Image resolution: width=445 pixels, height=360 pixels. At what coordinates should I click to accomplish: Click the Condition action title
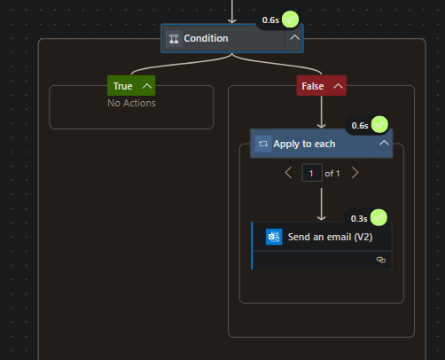click(x=206, y=38)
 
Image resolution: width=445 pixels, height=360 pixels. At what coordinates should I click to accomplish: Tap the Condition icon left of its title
click(x=174, y=38)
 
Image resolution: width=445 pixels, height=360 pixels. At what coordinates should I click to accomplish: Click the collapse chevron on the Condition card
click(x=293, y=38)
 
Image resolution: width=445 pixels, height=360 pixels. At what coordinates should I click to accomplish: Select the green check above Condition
click(x=290, y=20)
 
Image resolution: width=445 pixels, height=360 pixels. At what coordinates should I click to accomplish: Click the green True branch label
click(x=123, y=86)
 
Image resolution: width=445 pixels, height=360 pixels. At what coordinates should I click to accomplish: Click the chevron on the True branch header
click(x=146, y=86)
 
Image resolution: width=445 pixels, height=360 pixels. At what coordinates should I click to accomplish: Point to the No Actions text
click(x=131, y=102)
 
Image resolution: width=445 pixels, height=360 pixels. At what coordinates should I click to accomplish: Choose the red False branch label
click(x=313, y=86)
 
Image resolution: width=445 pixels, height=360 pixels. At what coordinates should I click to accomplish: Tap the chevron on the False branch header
click(x=337, y=86)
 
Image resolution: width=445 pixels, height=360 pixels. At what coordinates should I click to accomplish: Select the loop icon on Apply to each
click(x=263, y=143)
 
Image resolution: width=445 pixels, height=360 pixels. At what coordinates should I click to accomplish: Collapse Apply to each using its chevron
click(x=383, y=143)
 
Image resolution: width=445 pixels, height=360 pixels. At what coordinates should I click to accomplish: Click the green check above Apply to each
click(x=379, y=124)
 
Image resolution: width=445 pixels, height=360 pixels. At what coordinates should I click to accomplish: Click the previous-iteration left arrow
click(x=288, y=173)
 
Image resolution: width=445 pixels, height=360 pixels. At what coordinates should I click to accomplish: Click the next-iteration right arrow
click(x=355, y=173)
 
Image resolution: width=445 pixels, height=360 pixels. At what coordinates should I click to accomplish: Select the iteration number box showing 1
click(x=311, y=173)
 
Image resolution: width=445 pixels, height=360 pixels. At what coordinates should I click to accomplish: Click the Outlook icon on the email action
click(x=274, y=237)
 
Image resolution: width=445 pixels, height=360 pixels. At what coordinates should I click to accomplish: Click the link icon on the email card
click(x=381, y=260)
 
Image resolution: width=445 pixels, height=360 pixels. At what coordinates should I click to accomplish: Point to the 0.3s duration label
click(x=359, y=218)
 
